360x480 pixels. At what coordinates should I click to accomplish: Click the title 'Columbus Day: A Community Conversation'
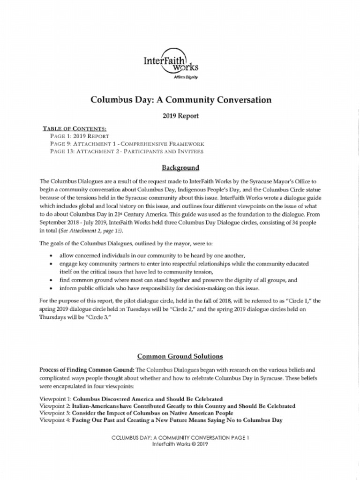180,99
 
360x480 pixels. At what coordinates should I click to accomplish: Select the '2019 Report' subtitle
180,115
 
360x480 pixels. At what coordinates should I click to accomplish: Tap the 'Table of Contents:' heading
75,128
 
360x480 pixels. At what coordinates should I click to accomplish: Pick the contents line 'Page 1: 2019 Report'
80,136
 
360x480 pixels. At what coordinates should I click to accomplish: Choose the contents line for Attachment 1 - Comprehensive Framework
127,144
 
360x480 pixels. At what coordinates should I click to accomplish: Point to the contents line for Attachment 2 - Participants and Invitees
127,151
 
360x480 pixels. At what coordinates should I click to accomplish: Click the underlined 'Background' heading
180,168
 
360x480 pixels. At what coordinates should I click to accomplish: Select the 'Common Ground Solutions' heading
180,356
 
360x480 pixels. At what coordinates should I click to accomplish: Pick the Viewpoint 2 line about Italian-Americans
167,406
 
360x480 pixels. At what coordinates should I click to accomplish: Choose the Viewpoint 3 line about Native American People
136,413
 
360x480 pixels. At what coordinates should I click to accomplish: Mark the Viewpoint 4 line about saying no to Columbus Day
161,420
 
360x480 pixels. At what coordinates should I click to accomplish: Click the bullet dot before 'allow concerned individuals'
51,256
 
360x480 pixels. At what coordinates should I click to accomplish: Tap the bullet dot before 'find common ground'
51,280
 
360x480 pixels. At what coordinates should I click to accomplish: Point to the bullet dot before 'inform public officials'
51,288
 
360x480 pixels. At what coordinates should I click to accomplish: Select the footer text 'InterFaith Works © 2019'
180,443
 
